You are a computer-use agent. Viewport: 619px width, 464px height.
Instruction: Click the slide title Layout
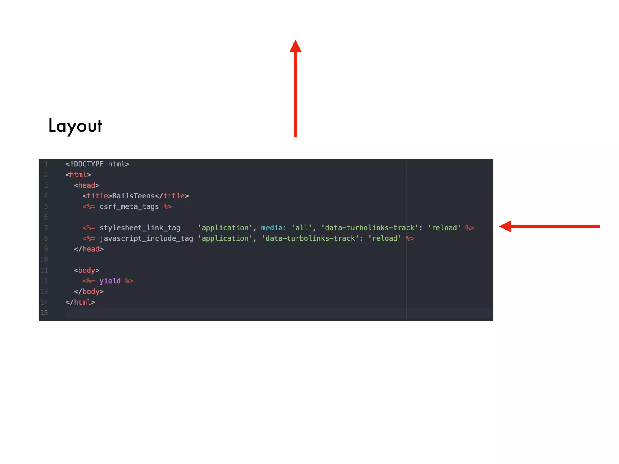(x=75, y=126)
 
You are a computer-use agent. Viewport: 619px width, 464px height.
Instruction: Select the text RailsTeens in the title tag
(x=133, y=196)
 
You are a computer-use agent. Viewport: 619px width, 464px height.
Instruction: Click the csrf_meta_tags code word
(x=129, y=207)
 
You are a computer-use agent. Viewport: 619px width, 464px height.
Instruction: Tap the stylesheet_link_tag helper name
(x=140, y=228)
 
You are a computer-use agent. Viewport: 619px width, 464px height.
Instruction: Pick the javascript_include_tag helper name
(x=146, y=238)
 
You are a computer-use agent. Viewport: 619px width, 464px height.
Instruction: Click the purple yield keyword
(x=110, y=281)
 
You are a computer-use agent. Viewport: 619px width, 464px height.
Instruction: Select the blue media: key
(x=274, y=228)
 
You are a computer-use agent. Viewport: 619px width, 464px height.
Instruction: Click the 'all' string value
(x=302, y=228)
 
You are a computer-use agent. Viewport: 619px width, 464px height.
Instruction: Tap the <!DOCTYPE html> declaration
(x=97, y=164)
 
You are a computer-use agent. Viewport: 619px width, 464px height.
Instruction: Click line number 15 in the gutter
(x=44, y=313)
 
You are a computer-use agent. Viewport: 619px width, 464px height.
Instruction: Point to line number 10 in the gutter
(x=44, y=260)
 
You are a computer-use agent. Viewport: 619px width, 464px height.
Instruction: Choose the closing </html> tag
(x=80, y=302)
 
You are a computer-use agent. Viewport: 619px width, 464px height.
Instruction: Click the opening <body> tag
(x=87, y=270)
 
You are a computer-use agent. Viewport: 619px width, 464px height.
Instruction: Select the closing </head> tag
(x=89, y=249)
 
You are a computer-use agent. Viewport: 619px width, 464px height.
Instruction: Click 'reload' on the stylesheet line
(x=444, y=228)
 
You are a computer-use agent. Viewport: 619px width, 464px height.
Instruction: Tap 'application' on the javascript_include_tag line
(x=225, y=238)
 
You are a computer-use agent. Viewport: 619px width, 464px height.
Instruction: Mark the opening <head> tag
(x=87, y=185)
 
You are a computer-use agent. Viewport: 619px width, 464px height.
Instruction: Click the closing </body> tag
(x=89, y=292)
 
